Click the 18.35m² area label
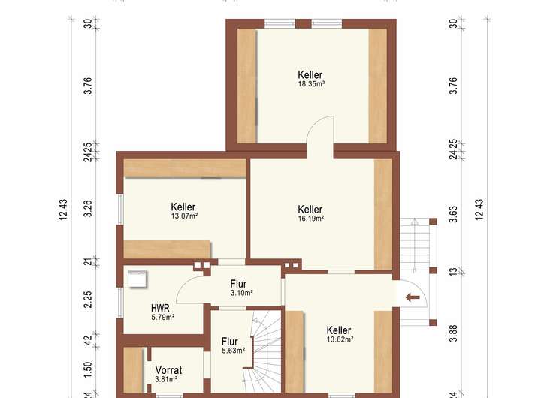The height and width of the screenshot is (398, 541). [311, 84]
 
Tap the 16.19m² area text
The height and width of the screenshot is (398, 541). [311, 219]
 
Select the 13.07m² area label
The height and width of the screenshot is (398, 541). [184, 216]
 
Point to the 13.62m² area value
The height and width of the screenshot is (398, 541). [340, 339]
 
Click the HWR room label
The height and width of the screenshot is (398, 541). [160, 308]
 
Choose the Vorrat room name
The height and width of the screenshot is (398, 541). [168, 370]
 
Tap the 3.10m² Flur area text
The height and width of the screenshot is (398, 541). [241, 293]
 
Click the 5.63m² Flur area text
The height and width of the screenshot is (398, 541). [234, 351]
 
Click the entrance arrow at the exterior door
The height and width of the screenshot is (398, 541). [413, 297]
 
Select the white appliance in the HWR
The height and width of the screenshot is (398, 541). [138, 279]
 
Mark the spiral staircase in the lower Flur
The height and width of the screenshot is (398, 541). [265, 351]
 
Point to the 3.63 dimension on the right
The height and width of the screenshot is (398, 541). [454, 214]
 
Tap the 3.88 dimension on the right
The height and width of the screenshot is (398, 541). [454, 333]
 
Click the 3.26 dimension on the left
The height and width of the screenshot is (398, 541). [89, 208]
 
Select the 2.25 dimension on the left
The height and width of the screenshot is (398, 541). [89, 300]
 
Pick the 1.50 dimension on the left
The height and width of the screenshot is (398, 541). [89, 369]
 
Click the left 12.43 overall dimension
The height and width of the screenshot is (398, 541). [63, 210]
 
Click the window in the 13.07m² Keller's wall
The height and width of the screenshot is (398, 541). [119, 210]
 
